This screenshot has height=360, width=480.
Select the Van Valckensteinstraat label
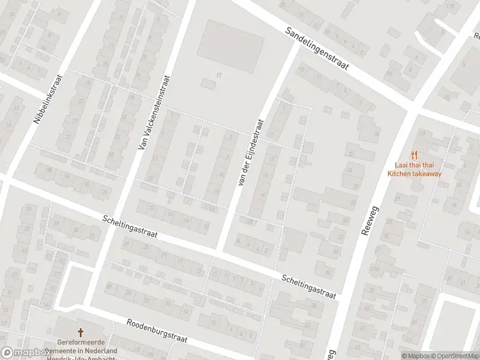click(154, 113)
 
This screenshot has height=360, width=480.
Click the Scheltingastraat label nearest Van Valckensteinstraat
click(130, 226)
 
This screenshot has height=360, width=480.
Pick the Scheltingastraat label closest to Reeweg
click(308, 286)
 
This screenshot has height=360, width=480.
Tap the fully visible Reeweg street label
click(369, 218)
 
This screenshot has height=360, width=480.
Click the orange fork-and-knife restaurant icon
click(414, 154)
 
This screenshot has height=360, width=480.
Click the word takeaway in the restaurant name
click(427, 174)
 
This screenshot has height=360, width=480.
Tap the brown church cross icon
click(80, 332)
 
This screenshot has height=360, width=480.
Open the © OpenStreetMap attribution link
click(457, 356)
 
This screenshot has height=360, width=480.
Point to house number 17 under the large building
click(220, 75)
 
